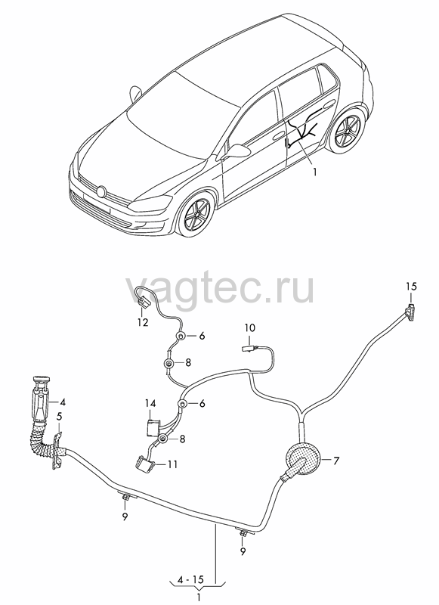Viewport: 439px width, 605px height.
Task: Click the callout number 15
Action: (411, 287)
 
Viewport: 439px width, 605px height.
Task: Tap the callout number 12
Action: (143, 322)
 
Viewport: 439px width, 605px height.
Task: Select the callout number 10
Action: (250, 328)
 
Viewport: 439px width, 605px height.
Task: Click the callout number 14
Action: (150, 404)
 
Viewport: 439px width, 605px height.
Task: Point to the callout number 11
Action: (173, 464)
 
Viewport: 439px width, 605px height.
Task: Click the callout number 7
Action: (336, 461)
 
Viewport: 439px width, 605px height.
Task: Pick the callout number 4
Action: (63, 402)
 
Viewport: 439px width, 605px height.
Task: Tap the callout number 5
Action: (59, 417)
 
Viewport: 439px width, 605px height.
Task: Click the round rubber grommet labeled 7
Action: (302, 461)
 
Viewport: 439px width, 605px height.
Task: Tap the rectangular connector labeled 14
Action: (153, 427)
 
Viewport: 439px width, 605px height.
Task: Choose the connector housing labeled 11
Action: (144, 462)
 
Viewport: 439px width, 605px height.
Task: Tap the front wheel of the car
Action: (196, 214)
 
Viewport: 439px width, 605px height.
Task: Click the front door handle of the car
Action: (278, 137)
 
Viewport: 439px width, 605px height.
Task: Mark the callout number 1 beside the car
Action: (314, 172)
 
